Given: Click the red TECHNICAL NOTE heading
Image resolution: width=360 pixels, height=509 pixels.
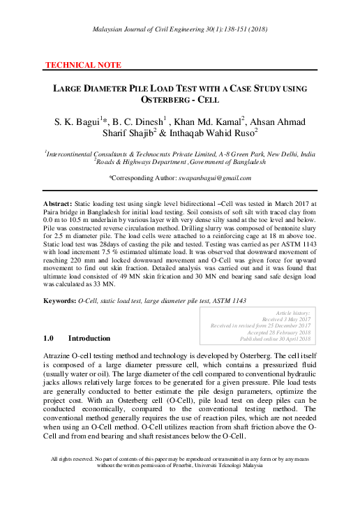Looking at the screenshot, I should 83,65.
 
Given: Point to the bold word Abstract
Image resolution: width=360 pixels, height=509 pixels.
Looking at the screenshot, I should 58,201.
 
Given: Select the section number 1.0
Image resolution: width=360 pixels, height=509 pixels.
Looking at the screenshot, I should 48,339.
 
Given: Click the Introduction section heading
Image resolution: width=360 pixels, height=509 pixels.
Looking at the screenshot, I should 89,339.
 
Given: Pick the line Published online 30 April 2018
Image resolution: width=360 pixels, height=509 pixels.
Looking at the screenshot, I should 276,339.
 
